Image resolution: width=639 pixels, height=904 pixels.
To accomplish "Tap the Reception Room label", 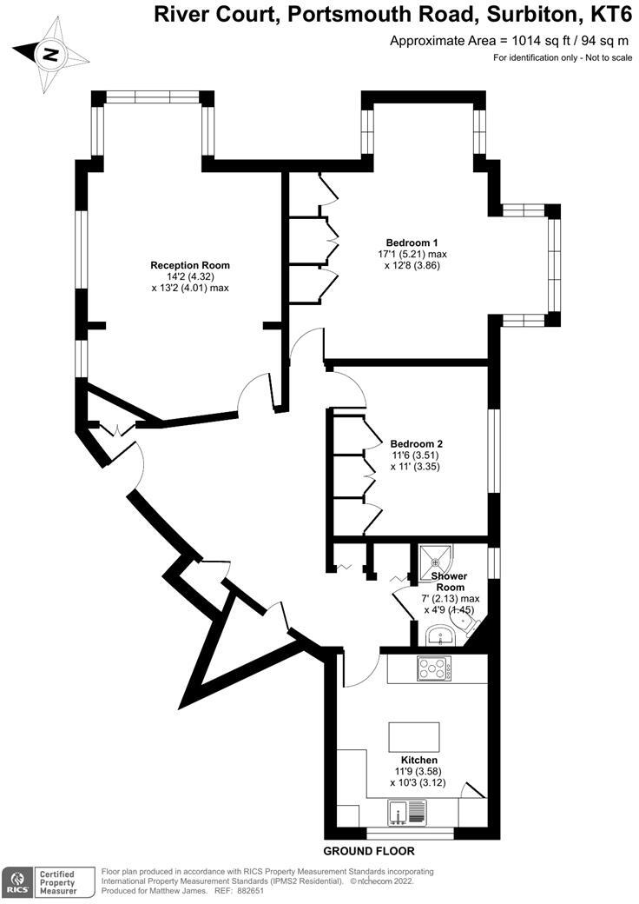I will point(190,265).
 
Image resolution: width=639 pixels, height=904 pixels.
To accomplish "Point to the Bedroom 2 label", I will point(417,442).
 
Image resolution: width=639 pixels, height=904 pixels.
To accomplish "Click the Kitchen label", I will point(413,760).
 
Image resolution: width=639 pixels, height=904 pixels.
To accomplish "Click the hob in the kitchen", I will point(434,668).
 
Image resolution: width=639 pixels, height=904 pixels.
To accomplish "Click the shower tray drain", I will point(437,562).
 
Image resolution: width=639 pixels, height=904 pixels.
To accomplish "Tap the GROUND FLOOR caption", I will point(368,851).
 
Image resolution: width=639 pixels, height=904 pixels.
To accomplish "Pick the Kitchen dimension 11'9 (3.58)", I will point(413,771).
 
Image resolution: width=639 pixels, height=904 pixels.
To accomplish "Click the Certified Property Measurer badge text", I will point(54,883).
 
